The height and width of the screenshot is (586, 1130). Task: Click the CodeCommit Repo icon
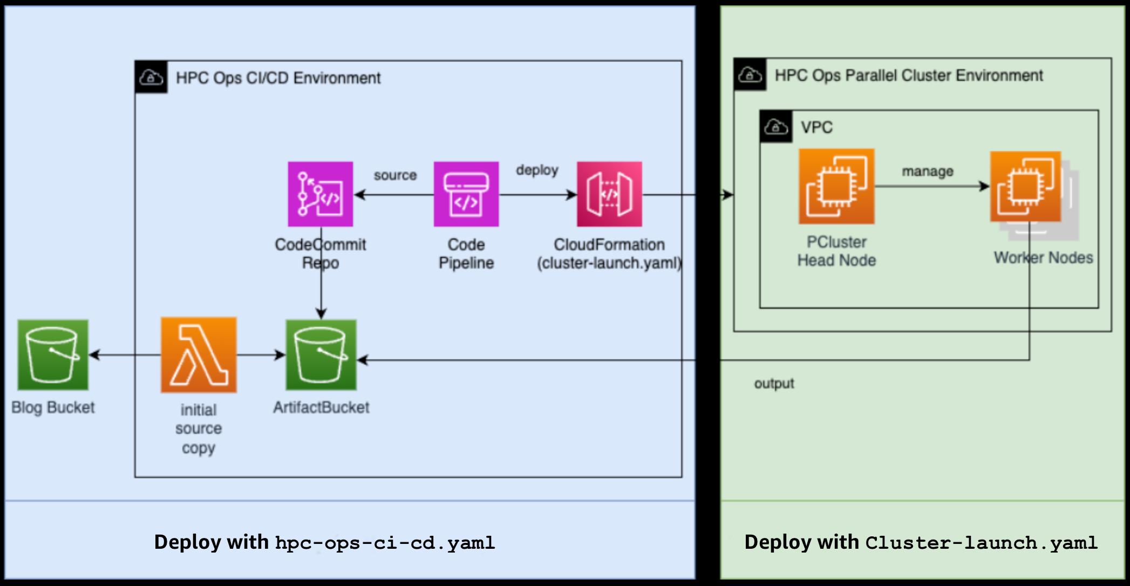coord(320,194)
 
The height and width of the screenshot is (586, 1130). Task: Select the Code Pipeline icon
coord(466,194)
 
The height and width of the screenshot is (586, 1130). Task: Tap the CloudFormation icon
coord(609,194)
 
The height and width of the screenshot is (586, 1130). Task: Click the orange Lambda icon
coord(199,355)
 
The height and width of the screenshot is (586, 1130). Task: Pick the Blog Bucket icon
coord(53,355)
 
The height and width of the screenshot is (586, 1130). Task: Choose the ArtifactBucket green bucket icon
coord(321,355)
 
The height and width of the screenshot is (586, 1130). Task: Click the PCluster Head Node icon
coord(836,186)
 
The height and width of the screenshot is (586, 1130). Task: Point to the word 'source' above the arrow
coord(395,175)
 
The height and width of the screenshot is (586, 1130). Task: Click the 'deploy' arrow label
coord(537,170)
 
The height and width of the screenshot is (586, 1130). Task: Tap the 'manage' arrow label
coord(927,172)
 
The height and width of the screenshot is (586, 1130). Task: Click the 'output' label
coord(774,384)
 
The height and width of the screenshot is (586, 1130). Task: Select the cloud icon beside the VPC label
coord(776,127)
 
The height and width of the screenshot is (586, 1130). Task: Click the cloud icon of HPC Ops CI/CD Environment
coord(151,78)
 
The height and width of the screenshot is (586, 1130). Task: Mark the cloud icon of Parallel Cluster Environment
coord(750,74)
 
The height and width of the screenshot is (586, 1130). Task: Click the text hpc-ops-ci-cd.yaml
coord(385,543)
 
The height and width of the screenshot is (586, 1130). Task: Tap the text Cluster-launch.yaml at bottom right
coord(981,543)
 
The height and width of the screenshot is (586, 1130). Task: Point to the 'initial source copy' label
coord(199,429)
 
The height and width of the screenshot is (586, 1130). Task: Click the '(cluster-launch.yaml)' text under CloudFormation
coord(609,263)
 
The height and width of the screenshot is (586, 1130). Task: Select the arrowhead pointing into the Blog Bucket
coord(94,355)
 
